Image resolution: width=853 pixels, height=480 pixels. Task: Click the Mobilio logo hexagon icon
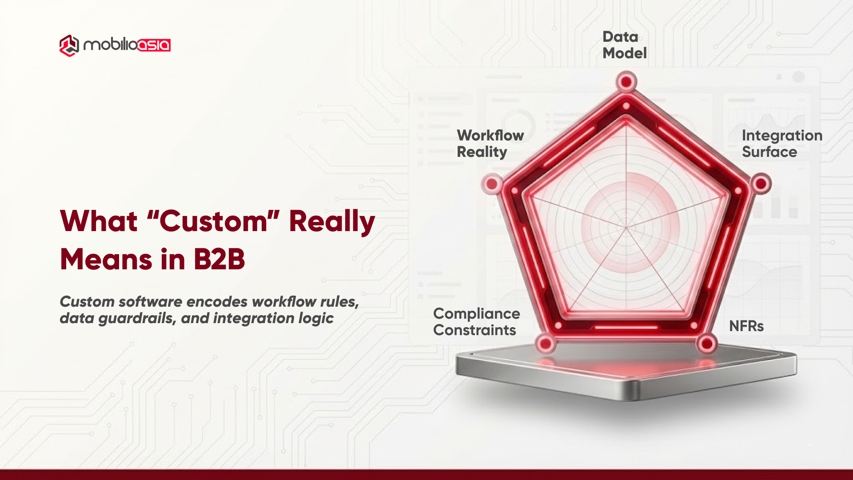[x=69, y=45]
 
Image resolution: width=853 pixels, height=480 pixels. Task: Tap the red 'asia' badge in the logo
[x=154, y=45]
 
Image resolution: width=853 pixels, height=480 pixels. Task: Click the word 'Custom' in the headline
[x=213, y=221]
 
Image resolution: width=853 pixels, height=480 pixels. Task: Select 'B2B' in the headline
[x=219, y=260]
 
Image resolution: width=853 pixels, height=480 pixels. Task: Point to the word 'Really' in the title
[x=332, y=221]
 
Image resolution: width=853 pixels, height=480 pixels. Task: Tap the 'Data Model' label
[x=624, y=45]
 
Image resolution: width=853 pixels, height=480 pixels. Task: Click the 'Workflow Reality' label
[x=490, y=144]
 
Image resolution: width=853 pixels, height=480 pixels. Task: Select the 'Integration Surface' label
[x=782, y=144]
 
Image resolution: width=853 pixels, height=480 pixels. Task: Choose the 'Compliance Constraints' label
[x=476, y=322]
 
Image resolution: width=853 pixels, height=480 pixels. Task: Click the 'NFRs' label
[x=746, y=326]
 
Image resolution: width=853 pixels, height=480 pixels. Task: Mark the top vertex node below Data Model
[x=626, y=82]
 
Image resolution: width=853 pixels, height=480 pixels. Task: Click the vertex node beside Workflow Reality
[x=492, y=184]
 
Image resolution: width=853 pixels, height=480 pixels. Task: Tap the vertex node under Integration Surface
[x=761, y=184]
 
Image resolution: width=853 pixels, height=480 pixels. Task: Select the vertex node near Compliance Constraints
[x=546, y=344]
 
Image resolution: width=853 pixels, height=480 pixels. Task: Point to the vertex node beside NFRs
[x=707, y=344]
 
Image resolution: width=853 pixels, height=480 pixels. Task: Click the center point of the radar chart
[x=626, y=228]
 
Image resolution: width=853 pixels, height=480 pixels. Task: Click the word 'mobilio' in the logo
[x=110, y=45]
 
